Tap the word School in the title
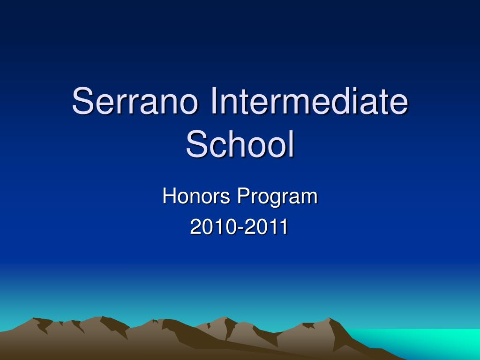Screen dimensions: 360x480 [240, 144]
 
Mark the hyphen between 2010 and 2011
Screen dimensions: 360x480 [240, 229]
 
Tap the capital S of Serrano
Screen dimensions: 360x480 [82, 102]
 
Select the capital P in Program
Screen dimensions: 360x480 [242, 196]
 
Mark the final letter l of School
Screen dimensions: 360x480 [291, 144]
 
